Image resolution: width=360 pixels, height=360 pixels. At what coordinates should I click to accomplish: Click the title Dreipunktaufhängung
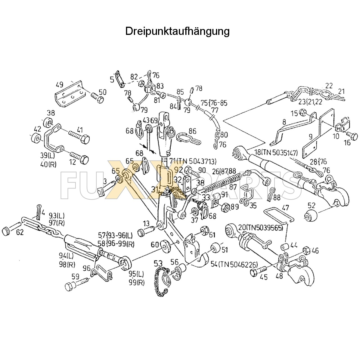point(177,31)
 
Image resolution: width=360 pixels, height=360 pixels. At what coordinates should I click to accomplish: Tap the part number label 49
point(60,84)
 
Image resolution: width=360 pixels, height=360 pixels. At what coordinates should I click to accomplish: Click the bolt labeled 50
point(97,98)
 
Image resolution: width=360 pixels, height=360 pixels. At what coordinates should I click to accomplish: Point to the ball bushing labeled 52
point(311,216)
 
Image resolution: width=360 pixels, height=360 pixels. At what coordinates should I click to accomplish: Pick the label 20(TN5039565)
point(260,228)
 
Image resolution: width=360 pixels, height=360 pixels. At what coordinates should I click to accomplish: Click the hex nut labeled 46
point(307,250)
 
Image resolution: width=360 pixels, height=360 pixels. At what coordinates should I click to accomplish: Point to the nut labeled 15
point(303,112)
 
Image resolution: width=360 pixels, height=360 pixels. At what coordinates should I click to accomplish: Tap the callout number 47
point(285,208)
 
